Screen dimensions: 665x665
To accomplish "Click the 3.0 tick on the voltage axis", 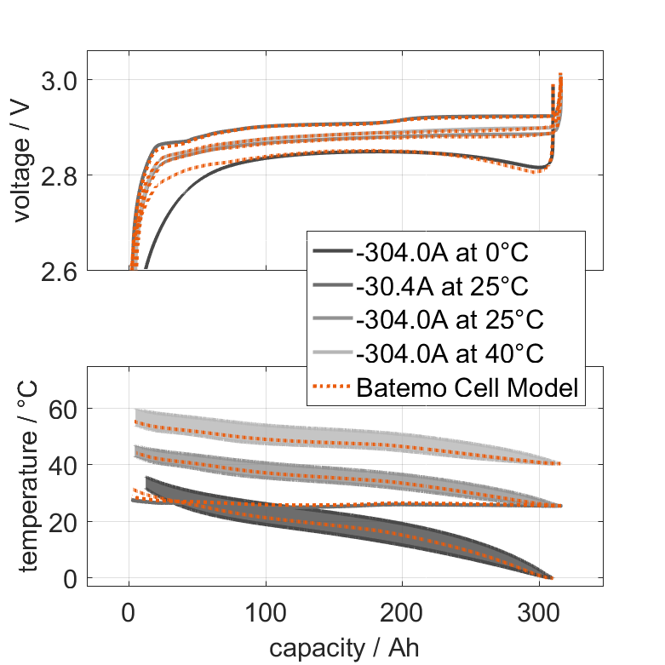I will (60, 81).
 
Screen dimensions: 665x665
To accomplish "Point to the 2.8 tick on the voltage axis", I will (60, 176).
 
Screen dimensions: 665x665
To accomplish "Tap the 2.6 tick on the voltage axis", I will (60, 272).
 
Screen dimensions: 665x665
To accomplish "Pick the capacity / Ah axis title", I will (345, 648).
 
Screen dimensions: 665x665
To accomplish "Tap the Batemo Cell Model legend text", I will (467, 387).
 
